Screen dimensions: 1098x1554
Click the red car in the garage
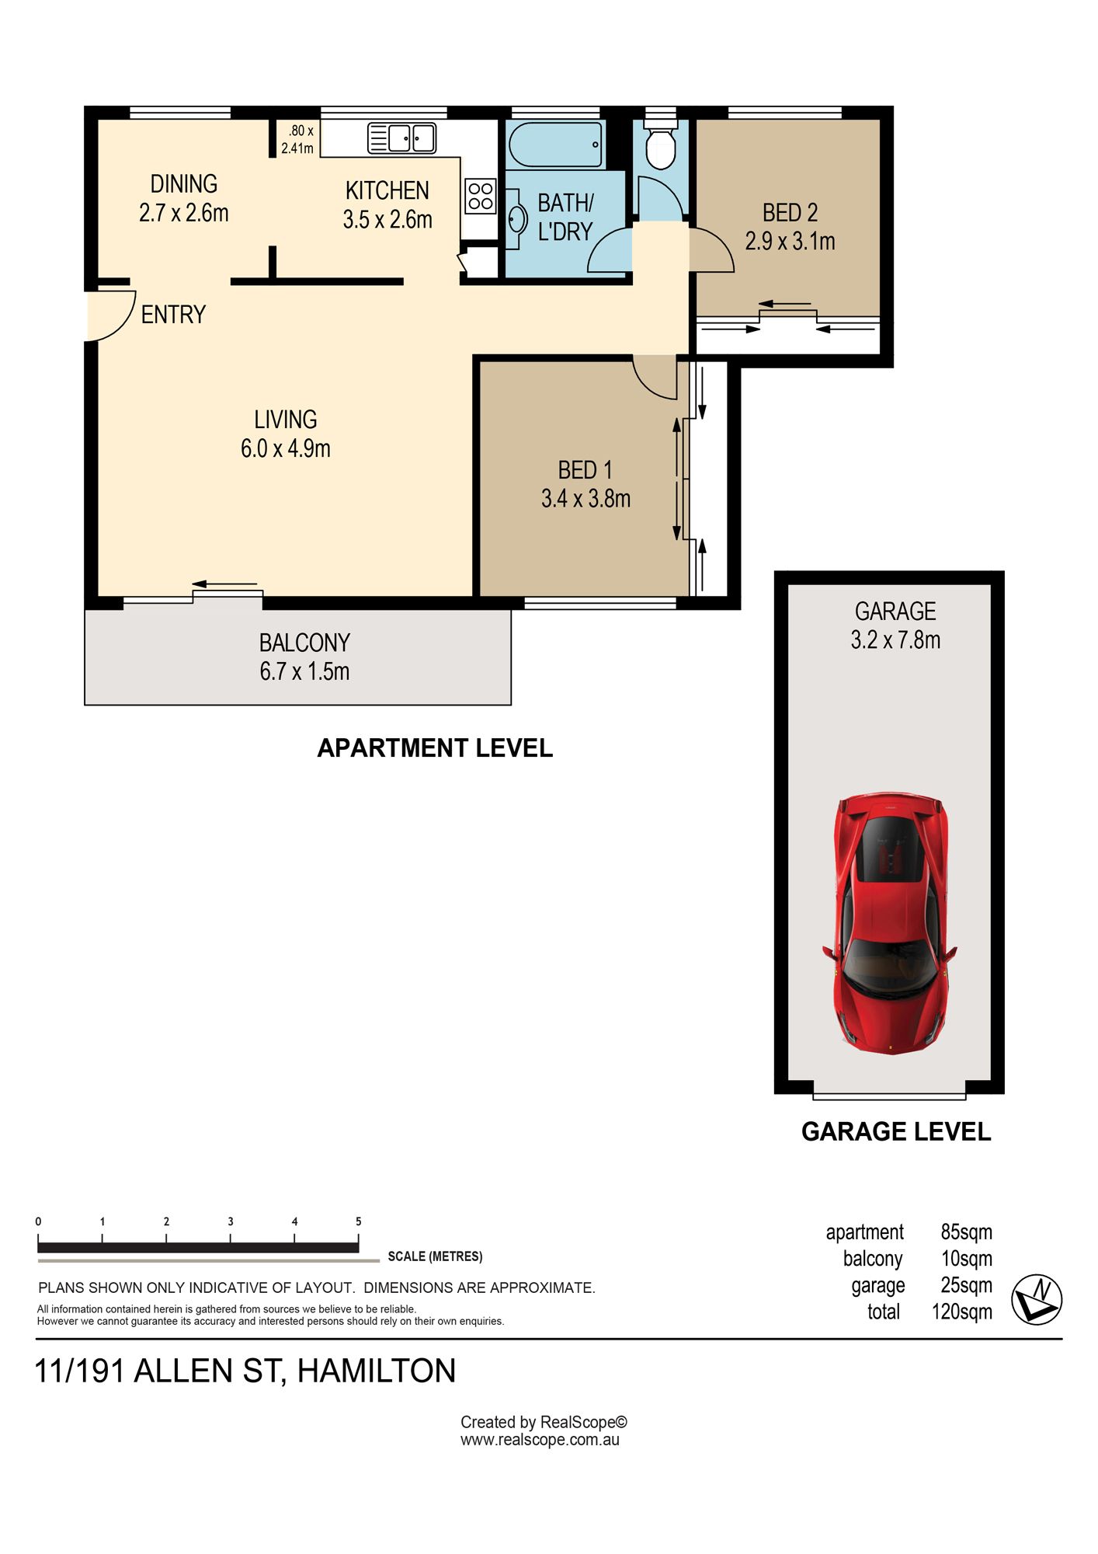point(890,923)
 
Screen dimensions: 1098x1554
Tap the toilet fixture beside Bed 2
point(661,144)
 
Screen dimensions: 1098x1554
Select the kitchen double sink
point(401,138)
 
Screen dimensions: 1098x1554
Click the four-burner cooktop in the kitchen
point(481,196)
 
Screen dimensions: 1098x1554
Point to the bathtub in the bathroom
point(556,145)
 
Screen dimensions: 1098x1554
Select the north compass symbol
point(1037,1299)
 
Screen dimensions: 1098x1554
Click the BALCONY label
point(304,643)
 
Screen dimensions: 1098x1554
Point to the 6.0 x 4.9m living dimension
point(286,448)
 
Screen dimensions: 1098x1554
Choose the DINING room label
point(184,184)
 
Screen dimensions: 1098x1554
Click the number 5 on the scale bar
point(359,1221)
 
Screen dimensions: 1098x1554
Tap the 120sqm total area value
point(962,1312)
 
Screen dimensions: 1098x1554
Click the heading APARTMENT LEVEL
point(435,747)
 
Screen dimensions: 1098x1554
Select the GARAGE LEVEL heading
point(896,1131)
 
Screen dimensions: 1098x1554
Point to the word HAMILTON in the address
point(377,1371)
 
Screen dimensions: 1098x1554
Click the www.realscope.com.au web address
point(540,1439)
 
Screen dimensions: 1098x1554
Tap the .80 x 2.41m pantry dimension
point(297,139)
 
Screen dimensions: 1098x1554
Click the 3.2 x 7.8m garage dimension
point(895,639)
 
